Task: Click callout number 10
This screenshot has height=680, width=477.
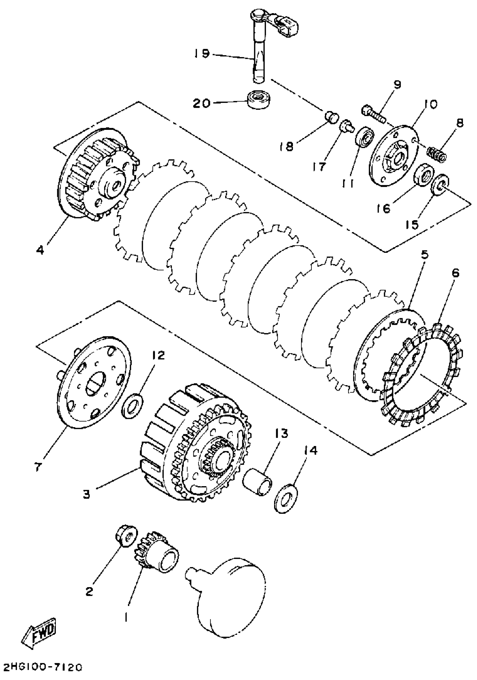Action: (x=430, y=104)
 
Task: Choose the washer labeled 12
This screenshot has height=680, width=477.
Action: (x=132, y=408)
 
